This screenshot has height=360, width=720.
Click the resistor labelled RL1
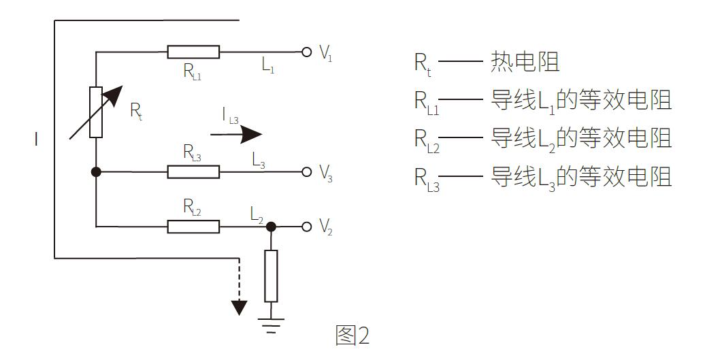(193, 52)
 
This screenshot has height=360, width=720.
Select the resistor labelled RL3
(193, 171)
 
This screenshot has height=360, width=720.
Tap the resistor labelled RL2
(193, 226)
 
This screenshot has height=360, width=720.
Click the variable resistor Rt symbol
(96, 112)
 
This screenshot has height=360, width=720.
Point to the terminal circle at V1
(307, 52)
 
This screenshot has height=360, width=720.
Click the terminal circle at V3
(307, 171)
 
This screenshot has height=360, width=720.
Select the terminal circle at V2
(307, 226)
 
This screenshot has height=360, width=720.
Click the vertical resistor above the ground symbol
(271, 276)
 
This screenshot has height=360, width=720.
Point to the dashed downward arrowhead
(238, 306)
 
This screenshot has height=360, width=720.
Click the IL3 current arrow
(235, 134)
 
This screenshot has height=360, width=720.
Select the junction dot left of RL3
(96, 171)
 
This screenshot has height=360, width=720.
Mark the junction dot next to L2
(271, 226)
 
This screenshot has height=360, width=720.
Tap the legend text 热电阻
(524, 63)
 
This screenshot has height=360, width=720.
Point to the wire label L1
(267, 65)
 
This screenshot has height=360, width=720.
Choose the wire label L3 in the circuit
(259, 161)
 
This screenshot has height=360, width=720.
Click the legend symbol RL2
(427, 140)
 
